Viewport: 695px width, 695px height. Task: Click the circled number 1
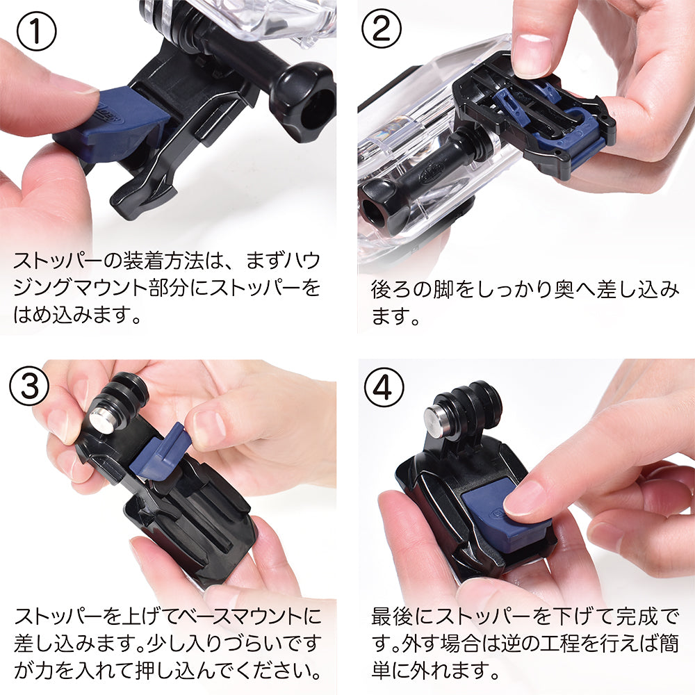(36, 31)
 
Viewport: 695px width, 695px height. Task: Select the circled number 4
(384, 387)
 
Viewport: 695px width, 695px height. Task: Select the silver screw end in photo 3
(102, 419)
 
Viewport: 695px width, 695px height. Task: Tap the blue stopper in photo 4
(505, 518)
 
